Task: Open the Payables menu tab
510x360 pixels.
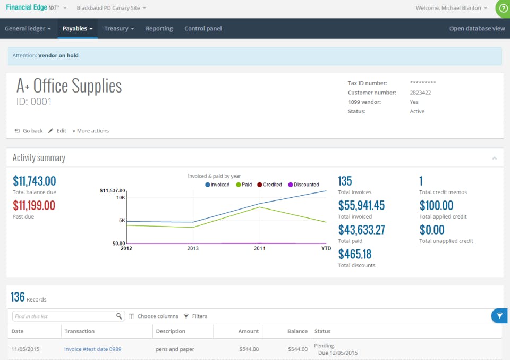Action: (x=77, y=29)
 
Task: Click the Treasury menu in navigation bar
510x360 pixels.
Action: (x=118, y=29)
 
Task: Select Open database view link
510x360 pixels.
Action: (x=477, y=29)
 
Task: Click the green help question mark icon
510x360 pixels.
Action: (x=503, y=9)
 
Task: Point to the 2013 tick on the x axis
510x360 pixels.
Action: (x=193, y=248)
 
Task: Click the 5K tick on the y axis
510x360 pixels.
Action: (x=122, y=220)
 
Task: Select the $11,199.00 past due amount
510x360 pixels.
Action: (x=34, y=205)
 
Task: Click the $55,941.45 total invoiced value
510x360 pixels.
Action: (x=361, y=205)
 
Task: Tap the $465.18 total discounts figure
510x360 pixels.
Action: (x=354, y=254)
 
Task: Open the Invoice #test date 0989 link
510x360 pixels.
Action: (x=92, y=349)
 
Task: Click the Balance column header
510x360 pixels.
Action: (x=297, y=331)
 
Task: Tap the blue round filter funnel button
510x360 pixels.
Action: (x=499, y=316)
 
